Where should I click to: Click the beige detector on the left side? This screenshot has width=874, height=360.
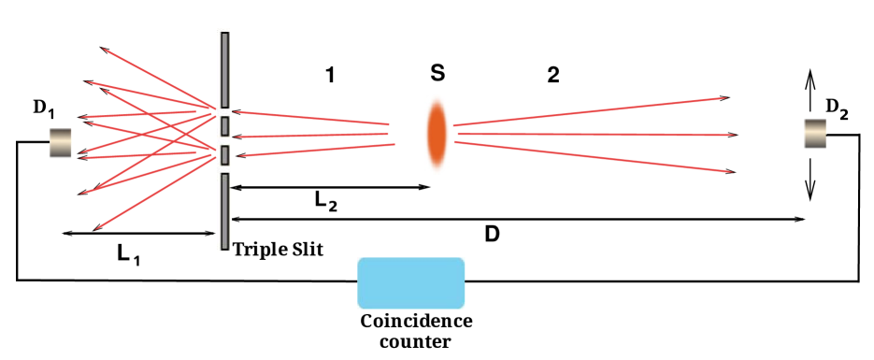click(x=61, y=143)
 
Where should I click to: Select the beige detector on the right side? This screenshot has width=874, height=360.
click(x=815, y=134)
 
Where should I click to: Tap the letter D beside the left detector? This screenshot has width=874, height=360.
click(x=38, y=107)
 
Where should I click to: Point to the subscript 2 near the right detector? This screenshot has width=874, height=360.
click(x=844, y=115)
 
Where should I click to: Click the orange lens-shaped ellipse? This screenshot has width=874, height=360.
click(x=437, y=134)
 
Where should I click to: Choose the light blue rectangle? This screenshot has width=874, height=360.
click(x=411, y=283)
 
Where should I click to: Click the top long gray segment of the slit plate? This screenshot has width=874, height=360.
click(x=224, y=69)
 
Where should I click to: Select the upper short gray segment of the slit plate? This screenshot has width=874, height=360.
click(x=224, y=125)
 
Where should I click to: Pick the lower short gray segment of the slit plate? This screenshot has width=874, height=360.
click(x=224, y=154)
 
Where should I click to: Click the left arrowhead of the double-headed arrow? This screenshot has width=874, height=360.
click(x=235, y=188)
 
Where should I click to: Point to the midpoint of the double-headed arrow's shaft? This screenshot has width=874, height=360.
click(x=330, y=188)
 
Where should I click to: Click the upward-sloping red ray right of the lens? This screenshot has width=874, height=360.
click(x=589, y=111)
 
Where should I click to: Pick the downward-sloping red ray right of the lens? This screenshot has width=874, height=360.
click(x=594, y=156)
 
